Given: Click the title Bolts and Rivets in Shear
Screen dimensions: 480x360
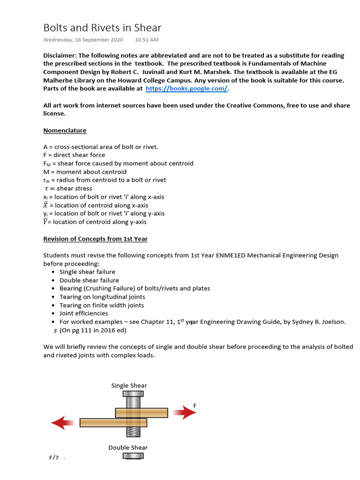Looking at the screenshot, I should (x=102, y=28).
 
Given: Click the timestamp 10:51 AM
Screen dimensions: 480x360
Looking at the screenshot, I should (x=146, y=40).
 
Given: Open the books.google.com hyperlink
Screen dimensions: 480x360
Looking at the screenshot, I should (x=186, y=88).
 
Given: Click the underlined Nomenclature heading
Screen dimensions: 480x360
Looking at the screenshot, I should (x=65, y=130).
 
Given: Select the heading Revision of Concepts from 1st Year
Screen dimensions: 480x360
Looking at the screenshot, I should (x=95, y=239).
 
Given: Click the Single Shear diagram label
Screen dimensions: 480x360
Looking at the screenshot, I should (x=129, y=385).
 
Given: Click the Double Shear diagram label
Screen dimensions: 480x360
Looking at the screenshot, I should (x=128, y=447).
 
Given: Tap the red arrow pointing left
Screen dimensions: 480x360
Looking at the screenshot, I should (x=63, y=423).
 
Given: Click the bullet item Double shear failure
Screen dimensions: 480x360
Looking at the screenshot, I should (x=89, y=280).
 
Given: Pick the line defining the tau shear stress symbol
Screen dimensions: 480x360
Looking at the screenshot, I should (x=68, y=188).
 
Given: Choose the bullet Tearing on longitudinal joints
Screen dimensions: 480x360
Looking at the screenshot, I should (x=102, y=297).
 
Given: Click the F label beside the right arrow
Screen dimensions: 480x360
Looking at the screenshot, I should (x=195, y=405).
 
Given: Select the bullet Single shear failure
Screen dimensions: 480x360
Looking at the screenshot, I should (x=87, y=272).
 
